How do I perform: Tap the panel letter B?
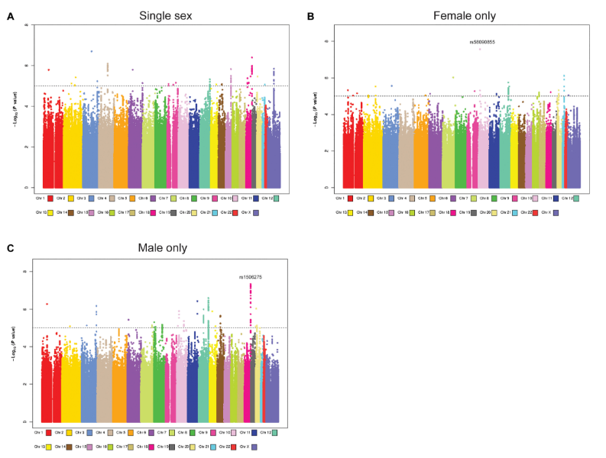point(310,15)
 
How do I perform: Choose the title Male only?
point(159,248)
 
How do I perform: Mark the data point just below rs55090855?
point(480,49)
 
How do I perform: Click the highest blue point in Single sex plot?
point(92,51)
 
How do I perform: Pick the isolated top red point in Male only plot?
point(47,304)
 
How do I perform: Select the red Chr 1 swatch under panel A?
point(50,198)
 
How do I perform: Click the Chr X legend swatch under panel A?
point(255,213)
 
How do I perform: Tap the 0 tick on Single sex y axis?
point(28,187)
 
